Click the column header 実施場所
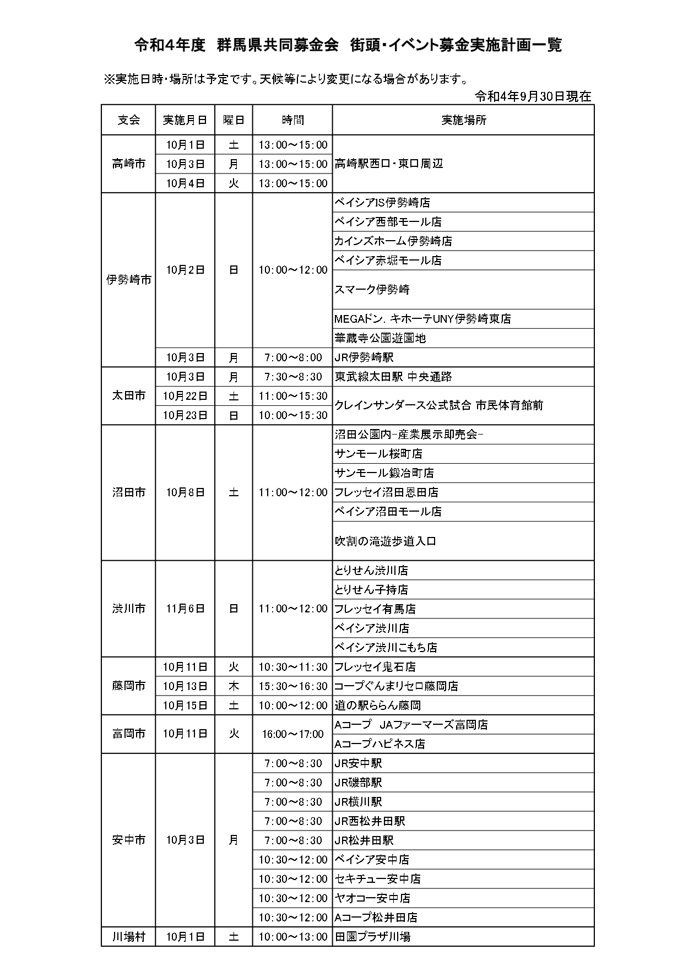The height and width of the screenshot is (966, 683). (x=463, y=120)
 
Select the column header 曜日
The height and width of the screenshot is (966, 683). (x=234, y=120)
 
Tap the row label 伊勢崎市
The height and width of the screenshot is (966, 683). (x=128, y=280)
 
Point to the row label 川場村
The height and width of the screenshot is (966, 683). (x=128, y=936)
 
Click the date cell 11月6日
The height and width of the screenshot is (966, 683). (x=185, y=609)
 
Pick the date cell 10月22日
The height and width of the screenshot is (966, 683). (x=185, y=396)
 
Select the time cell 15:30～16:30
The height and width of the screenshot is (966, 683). (x=293, y=686)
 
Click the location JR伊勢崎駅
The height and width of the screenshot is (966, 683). (x=364, y=357)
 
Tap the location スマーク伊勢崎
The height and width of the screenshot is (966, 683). (x=372, y=290)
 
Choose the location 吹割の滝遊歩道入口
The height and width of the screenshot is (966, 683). (x=386, y=541)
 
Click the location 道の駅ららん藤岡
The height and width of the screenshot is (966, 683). (x=378, y=705)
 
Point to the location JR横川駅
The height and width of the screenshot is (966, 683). (x=358, y=802)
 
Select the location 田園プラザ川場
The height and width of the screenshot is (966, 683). (x=372, y=936)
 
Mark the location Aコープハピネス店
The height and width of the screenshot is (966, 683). (x=380, y=744)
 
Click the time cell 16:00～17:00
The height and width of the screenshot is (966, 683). (x=293, y=734)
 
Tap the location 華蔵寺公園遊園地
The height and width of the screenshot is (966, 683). (x=380, y=338)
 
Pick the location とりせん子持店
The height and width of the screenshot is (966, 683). (x=371, y=590)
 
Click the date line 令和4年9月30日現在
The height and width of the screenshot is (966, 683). (x=533, y=96)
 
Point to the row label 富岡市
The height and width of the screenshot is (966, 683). (x=128, y=734)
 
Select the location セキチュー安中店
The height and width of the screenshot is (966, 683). (x=378, y=879)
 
